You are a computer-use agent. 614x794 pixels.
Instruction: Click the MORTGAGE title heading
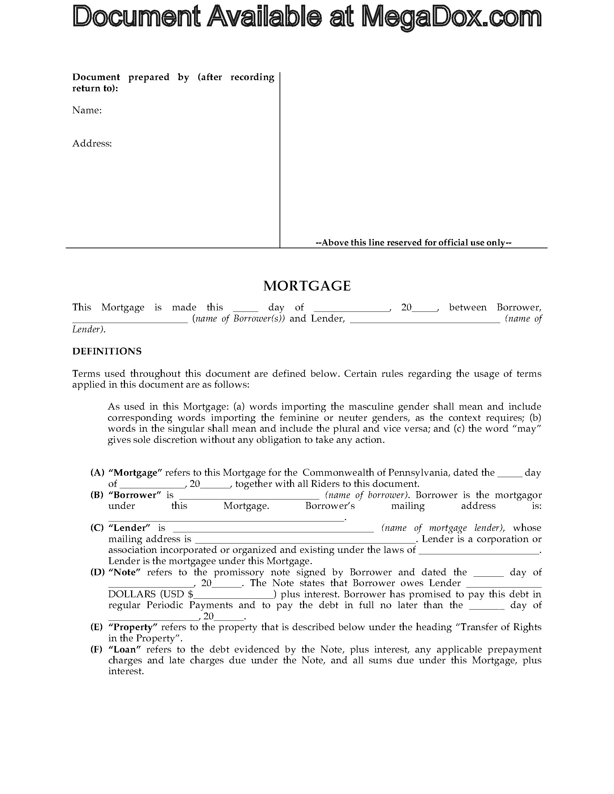(307, 286)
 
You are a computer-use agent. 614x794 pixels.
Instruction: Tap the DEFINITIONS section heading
(107, 351)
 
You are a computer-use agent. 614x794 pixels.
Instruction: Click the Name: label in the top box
(87, 110)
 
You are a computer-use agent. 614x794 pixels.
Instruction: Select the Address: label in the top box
(92, 143)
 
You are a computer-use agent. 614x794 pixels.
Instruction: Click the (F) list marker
(97, 649)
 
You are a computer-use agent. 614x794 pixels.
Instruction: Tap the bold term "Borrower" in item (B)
(135, 495)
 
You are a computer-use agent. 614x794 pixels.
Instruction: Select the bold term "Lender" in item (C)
(130, 528)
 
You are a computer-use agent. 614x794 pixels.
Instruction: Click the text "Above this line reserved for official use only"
(414, 243)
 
